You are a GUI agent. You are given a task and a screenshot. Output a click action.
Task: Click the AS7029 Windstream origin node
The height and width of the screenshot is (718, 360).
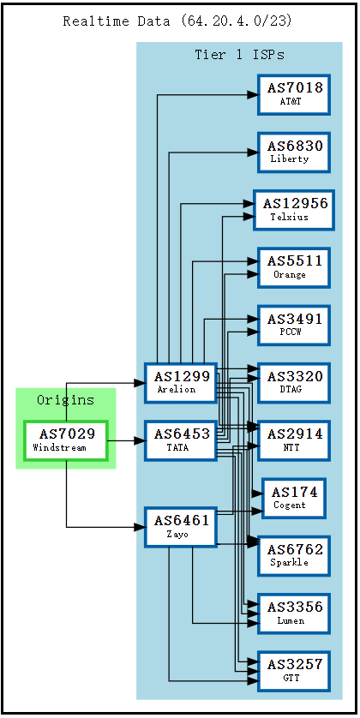(66, 440)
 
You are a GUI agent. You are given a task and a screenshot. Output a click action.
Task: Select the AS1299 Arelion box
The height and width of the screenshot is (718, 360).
(180, 382)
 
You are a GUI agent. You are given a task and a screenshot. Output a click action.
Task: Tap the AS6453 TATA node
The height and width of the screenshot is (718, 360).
(180, 440)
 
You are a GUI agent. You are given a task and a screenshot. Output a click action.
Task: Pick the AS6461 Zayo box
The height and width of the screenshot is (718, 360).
(180, 527)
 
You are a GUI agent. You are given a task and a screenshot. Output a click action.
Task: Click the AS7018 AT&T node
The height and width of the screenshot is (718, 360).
(294, 94)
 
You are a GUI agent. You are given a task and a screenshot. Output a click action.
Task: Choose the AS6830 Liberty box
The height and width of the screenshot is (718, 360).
(294, 152)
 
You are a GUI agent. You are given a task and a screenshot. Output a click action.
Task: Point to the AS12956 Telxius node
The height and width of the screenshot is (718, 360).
(294, 210)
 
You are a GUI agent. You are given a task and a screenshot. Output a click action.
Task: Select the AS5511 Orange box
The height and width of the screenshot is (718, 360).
(294, 267)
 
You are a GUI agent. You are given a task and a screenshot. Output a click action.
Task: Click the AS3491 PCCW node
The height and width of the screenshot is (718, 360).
(294, 325)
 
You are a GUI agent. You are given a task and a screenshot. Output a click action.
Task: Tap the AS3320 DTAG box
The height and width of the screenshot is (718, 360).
(294, 382)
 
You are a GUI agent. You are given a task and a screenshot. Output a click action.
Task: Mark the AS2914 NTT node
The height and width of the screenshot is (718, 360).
(294, 440)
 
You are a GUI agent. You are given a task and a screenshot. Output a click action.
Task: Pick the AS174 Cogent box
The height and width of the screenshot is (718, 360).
(294, 498)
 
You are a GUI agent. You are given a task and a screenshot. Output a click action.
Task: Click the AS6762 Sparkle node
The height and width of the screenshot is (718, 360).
(294, 555)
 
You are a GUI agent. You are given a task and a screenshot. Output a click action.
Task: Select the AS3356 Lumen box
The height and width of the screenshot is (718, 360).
(294, 613)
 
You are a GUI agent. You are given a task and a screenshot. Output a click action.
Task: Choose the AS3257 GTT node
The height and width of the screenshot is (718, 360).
(294, 670)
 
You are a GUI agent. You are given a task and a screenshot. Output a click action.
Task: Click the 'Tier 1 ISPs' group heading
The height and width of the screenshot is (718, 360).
(239, 55)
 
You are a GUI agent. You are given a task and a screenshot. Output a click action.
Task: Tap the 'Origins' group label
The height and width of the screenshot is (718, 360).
(66, 400)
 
